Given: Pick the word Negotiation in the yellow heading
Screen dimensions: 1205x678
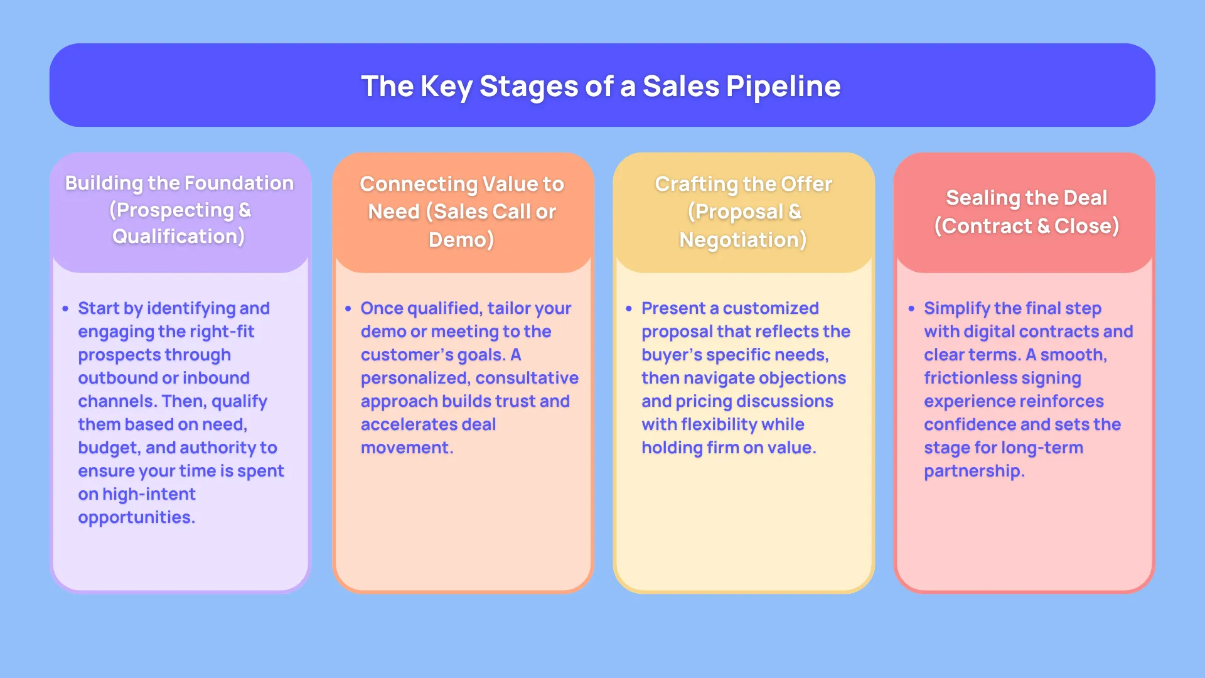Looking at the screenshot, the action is [742, 239].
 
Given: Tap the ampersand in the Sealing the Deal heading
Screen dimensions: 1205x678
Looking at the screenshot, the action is [1043, 226].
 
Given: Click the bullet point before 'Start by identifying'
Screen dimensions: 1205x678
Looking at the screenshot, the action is [65, 309].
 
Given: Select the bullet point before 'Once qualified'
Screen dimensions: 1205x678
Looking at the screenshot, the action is [348, 309].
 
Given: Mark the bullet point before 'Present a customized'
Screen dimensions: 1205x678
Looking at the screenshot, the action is [629, 309].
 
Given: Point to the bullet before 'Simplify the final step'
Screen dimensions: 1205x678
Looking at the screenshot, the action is [911, 309].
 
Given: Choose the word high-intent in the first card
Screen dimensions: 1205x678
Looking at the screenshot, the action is [149, 494].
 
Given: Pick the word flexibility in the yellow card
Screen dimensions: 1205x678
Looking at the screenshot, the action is [719, 424].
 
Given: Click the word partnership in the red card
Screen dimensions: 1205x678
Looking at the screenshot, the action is [973, 471].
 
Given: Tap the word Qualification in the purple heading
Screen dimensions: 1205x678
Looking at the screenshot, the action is [178, 236].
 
